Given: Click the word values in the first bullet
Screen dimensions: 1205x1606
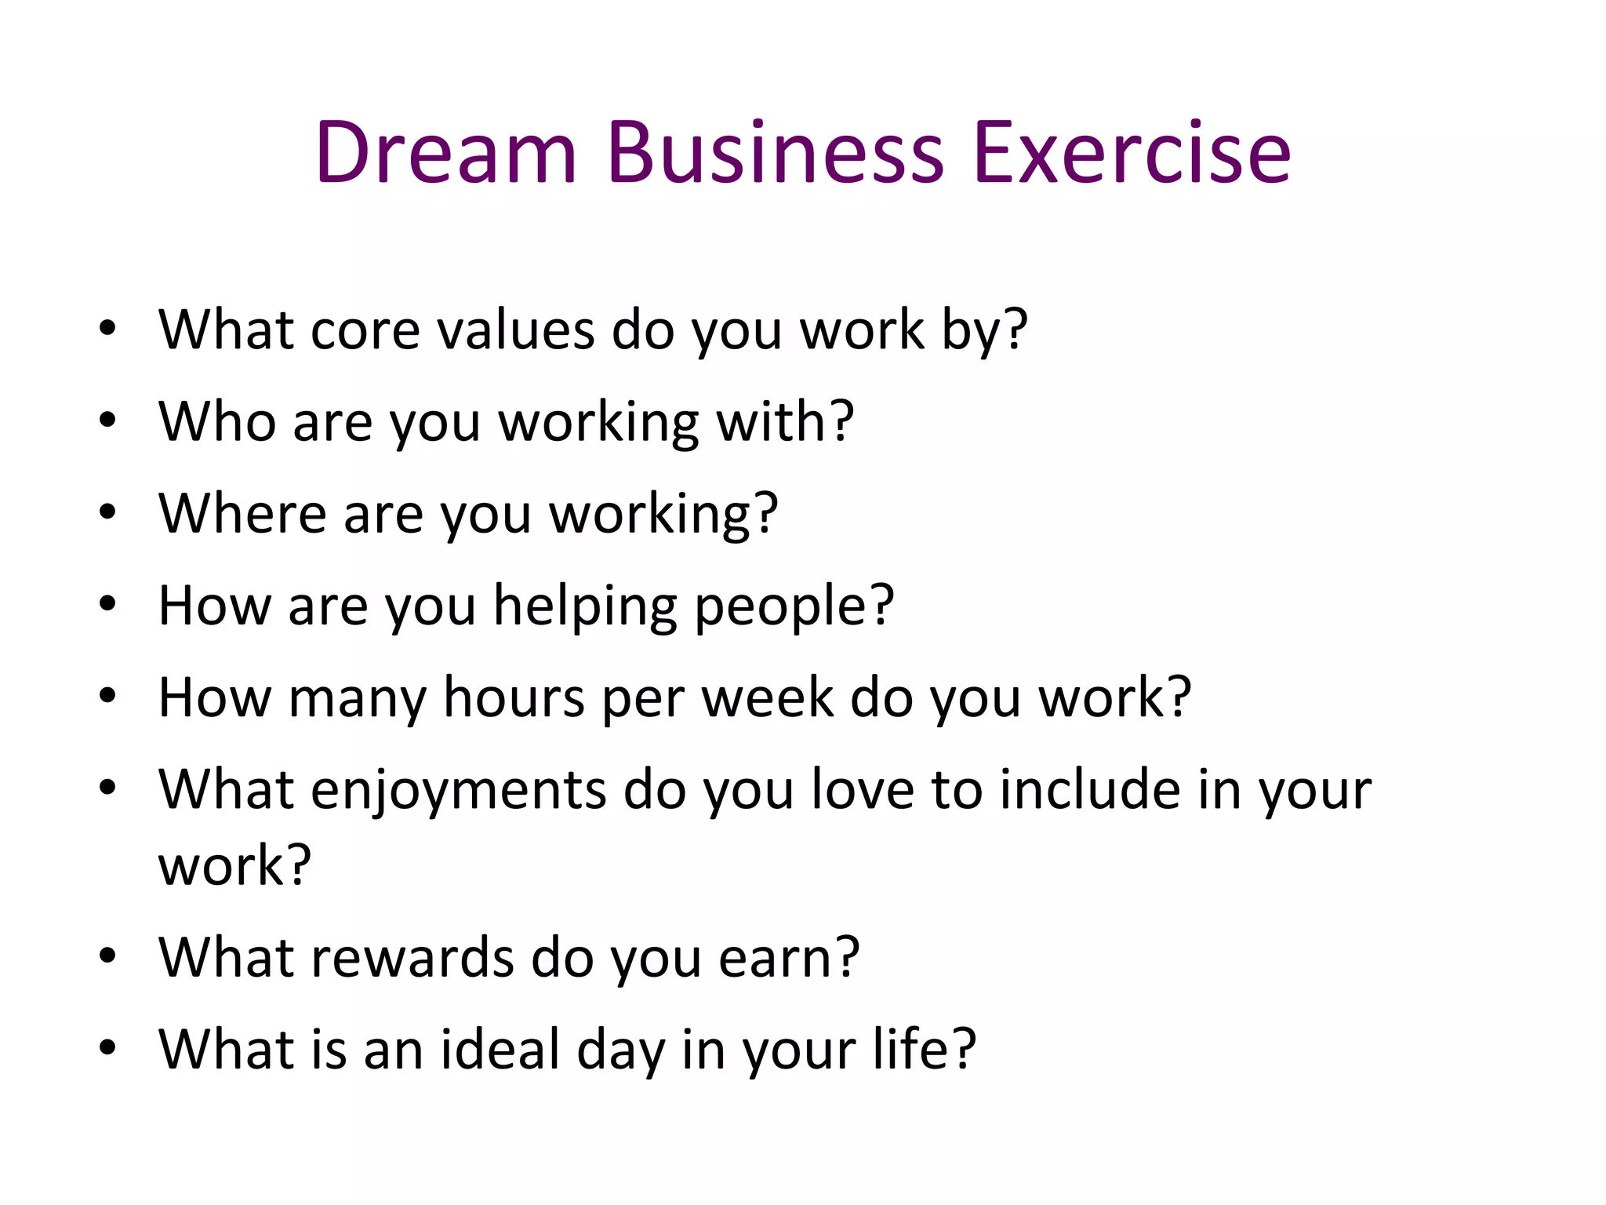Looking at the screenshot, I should pyautogui.click(x=515, y=329).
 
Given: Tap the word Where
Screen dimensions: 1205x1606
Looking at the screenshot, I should pyautogui.click(x=242, y=513).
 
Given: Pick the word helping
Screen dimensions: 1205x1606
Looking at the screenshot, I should pyautogui.click(x=585, y=606).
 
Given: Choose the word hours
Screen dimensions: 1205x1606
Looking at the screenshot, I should pyautogui.click(x=514, y=697).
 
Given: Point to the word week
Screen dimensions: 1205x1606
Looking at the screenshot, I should pyautogui.click(x=767, y=697).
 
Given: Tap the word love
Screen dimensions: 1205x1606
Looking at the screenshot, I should pyautogui.click(x=862, y=789).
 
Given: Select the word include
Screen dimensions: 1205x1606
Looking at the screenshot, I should pyautogui.click(x=1090, y=789).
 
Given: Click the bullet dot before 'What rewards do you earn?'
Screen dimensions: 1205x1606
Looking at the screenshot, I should pyautogui.click(x=108, y=956).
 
